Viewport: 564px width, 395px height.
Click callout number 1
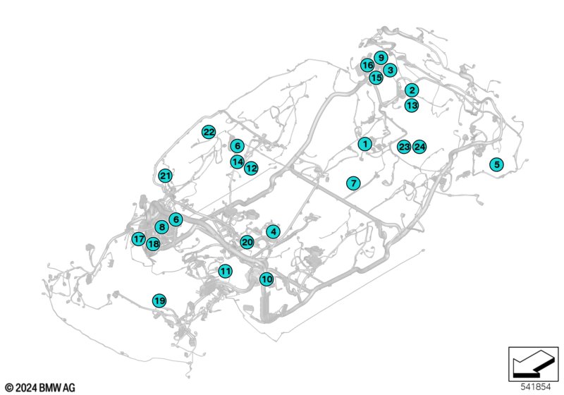365,145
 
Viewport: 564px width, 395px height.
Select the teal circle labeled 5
497,165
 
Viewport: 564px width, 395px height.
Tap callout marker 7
354,183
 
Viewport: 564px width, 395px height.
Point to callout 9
381,58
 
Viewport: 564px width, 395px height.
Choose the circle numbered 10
266,279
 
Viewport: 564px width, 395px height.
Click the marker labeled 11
225,271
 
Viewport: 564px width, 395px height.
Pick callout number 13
412,105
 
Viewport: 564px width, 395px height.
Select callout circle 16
367,66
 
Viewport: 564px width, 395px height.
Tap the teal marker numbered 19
159,300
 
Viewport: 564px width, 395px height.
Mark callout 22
209,132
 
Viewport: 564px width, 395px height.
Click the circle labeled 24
419,147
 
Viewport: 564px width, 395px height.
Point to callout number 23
404,147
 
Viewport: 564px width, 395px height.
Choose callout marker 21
166,176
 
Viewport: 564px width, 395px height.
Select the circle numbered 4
274,231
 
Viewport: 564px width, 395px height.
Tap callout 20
247,242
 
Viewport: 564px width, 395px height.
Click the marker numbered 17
138,238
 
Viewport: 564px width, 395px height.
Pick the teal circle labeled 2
412,90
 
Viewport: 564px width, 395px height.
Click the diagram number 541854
536,387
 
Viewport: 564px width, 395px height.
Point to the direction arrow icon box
534,364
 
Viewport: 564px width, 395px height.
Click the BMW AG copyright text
41,388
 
